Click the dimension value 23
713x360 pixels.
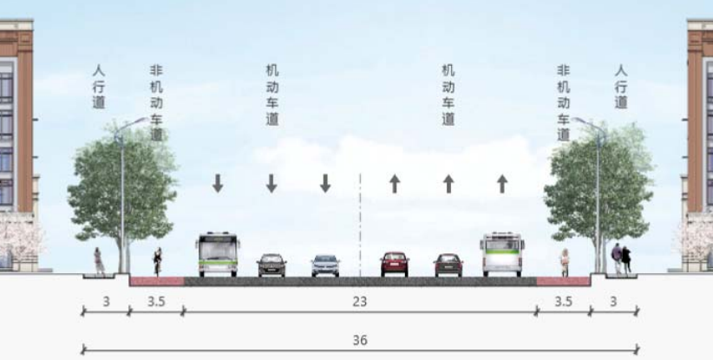point(359,301)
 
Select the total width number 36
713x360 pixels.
point(359,340)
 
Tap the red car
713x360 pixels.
point(395,264)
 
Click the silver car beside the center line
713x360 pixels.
point(325,265)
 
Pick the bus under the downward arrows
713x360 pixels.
point(219,254)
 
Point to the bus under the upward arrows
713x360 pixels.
point(502,254)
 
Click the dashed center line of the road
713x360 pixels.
point(360,225)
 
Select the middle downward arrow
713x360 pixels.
point(271,183)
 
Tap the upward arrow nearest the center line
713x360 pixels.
point(395,184)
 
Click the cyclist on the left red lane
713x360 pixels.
point(157,262)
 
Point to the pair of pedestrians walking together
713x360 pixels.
point(621,259)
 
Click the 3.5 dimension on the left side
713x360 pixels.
point(156,301)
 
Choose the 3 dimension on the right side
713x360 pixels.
point(613,301)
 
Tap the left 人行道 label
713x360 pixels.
point(99,87)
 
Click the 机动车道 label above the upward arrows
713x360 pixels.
point(448,95)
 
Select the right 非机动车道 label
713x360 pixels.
point(564,102)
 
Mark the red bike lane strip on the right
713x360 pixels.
point(564,281)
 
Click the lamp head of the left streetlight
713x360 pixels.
point(140,121)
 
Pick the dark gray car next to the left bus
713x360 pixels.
point(271,265)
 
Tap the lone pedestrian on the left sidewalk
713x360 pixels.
point(99,260)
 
